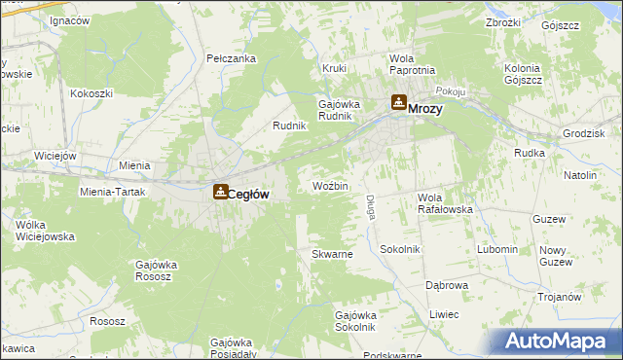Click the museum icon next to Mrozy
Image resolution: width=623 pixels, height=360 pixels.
(398, 102)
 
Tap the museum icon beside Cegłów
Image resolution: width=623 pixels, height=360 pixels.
(222, 193)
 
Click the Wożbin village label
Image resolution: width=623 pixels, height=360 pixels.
(330, 186)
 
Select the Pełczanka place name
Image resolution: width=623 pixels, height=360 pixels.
(232, 58)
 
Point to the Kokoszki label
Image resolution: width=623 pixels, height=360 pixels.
(92, 93)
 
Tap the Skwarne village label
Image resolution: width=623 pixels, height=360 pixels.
(331, 254)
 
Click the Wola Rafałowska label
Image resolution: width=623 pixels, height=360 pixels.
(445, 203)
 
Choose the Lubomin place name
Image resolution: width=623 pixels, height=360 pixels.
(497, 249)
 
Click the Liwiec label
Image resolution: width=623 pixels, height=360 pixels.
(444, 314)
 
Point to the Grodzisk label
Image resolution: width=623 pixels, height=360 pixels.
(584, 132)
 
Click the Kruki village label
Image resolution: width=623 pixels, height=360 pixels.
(335, 69)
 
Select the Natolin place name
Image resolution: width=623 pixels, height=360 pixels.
(578, 175)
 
